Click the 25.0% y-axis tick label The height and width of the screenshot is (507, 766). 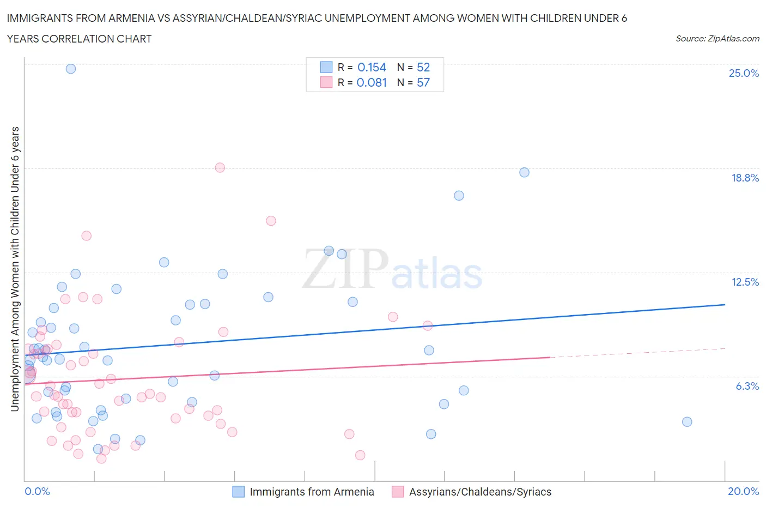point(744,74)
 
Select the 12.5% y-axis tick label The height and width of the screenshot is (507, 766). point(745,282)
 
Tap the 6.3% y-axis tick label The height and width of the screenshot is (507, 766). point(747,387)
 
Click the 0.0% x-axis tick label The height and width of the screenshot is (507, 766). point(37,492)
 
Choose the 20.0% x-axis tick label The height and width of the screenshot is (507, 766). point(743,492)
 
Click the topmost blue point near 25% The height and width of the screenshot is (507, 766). point(71,69)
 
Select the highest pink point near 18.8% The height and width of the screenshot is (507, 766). point(220,167)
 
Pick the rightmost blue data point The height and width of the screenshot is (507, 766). point(687,422)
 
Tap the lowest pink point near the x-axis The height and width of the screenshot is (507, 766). point(101,458)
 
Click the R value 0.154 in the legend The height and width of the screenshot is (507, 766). point(372,68)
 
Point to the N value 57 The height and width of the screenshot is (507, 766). point(423,83)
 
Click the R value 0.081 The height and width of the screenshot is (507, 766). point(372,83)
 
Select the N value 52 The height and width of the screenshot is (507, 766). point(423,68)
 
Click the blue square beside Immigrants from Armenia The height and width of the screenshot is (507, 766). point(239,492)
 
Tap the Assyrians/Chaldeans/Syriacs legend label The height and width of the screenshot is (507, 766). point(480,492)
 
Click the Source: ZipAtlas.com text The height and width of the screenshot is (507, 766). point(717,39)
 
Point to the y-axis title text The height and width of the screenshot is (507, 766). point(15,269)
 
